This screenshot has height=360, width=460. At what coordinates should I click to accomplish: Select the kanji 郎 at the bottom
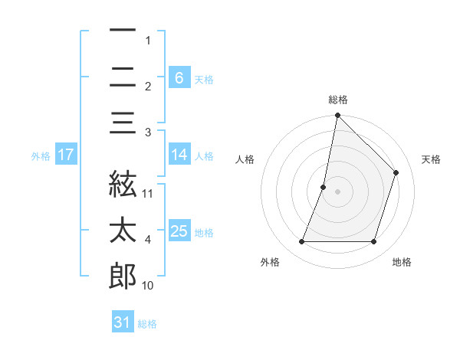coord(123,277)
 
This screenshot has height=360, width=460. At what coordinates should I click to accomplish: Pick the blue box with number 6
coord(179,78)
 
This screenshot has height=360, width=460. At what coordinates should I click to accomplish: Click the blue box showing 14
coord(179,155)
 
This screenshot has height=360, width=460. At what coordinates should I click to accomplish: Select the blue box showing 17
coord(65,155)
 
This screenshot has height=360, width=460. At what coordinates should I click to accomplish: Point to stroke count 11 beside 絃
coord(148,193)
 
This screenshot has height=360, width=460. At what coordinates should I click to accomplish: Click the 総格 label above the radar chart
coord(338,100)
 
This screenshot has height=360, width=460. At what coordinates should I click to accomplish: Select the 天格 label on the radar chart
coord(431,159)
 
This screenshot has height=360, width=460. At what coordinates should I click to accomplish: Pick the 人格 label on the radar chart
coord(245,159)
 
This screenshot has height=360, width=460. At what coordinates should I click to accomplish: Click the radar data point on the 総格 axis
coord(338,116)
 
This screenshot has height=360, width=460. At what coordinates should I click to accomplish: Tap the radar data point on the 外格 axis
coord(302,242)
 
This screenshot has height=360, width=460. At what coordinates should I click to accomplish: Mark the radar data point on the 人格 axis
coord(324,187)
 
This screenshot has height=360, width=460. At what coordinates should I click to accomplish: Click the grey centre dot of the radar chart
coord(338,191)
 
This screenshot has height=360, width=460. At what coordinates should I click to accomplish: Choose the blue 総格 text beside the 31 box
coord(147,324)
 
